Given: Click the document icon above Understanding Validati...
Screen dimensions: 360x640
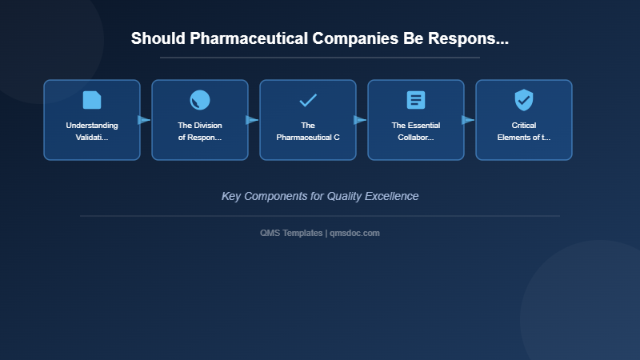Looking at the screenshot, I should tap(92, 100).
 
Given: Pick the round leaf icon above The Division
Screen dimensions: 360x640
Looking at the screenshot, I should tap(200, 100).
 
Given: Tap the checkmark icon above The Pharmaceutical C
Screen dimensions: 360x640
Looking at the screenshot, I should tap(308, 100).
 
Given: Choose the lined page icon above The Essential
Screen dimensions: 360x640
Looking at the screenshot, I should tap(416, 100).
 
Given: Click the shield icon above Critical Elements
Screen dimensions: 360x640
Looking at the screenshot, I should tap(524, 100).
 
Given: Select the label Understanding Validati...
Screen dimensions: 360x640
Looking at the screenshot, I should tap(92, 131).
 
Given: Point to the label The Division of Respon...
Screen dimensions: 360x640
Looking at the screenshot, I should tap(200, 131).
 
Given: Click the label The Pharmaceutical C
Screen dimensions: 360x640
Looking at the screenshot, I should tap(308, 131).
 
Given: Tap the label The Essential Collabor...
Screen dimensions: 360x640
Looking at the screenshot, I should tap(416, 131).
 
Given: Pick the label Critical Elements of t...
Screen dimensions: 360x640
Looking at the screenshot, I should tap(524, 131).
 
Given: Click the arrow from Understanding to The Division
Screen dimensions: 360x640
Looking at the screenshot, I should tap(144, 120).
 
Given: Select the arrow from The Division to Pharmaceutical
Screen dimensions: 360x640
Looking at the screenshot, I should tap(252, 120).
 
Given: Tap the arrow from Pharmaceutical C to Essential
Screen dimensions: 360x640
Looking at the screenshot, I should tap(360, 120).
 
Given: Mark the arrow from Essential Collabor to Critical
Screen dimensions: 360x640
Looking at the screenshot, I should tap(468, 120).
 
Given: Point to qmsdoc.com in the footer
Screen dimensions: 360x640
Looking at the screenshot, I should tap(354, 233).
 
